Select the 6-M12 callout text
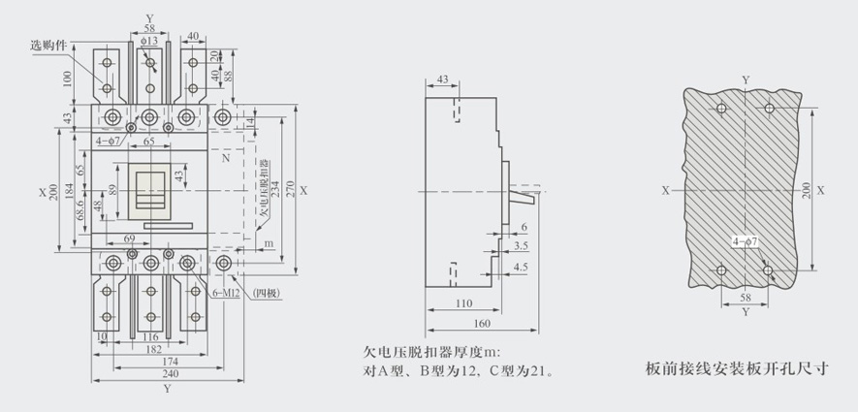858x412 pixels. click(x=227, y=293)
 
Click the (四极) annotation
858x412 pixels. click(x=265, y=293)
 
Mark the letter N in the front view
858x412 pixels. click(x=225, y=156)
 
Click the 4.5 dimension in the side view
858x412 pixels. click(x=520, y=267)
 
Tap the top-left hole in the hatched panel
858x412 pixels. click(x=718, y=108)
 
